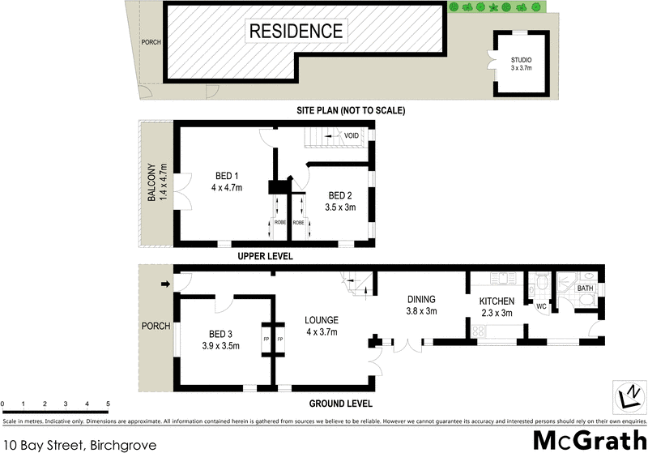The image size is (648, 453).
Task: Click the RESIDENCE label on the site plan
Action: tap(296, 32)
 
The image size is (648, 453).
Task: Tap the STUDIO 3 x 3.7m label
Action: tap(522, 64)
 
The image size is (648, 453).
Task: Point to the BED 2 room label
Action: tap(340, 201)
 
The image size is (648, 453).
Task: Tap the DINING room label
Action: tap(421, 305)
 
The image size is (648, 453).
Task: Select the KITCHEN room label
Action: tap(497, 307)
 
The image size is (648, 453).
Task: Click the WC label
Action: tap(541, 306)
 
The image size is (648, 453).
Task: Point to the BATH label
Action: tap(586, 288)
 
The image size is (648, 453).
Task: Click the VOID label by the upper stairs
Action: tap(352, 135)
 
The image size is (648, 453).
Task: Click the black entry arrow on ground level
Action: tap(166, 284)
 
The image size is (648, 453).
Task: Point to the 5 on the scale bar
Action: tap(108, 404)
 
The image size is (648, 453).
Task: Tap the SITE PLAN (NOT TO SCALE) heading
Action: tap(350, 110)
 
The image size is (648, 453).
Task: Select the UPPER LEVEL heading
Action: tap(264, 256)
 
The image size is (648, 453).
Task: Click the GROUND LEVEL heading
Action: tap(339, 404)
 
